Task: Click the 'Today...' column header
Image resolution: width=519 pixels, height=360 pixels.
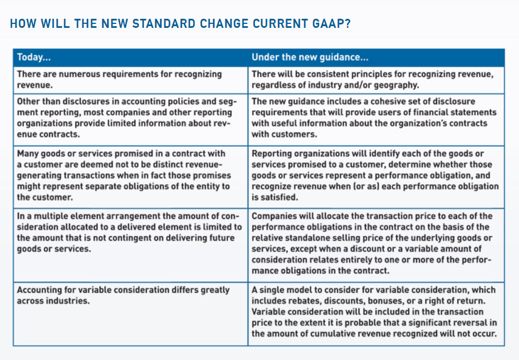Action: click(34, 57)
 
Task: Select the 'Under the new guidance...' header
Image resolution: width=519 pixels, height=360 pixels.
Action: click(310, 57)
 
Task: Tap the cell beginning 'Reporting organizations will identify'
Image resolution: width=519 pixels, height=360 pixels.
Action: click(376, 175)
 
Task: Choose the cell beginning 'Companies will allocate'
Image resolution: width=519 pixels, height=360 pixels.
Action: click(376, 243)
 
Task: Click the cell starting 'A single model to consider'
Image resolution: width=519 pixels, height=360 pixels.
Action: click(376, 312)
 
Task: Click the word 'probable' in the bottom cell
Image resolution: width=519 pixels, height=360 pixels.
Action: click(355, 323)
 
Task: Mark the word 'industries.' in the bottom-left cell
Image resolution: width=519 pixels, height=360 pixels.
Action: click(71, 301)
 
